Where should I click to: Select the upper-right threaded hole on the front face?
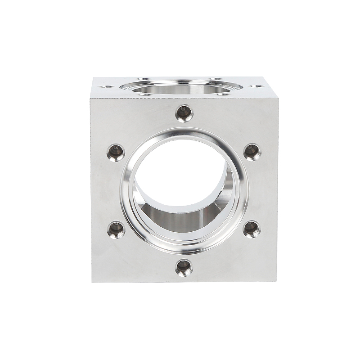[252, 152]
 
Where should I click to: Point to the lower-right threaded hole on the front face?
[252, 230]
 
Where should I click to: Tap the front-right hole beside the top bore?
[224, 94]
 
